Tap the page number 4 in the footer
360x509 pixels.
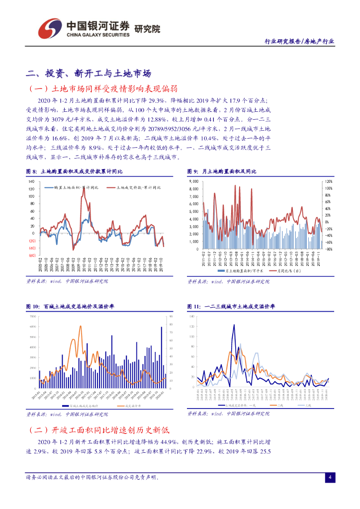point(329,477)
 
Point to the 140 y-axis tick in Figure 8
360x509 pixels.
point(31,181)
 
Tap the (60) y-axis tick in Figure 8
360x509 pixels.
point(31,255)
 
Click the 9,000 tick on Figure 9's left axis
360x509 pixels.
point(194,181)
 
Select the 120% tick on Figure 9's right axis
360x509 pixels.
point(328,181)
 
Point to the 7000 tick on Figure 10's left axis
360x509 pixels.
point(33,316)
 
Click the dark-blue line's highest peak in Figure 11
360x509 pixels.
point(234,326)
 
